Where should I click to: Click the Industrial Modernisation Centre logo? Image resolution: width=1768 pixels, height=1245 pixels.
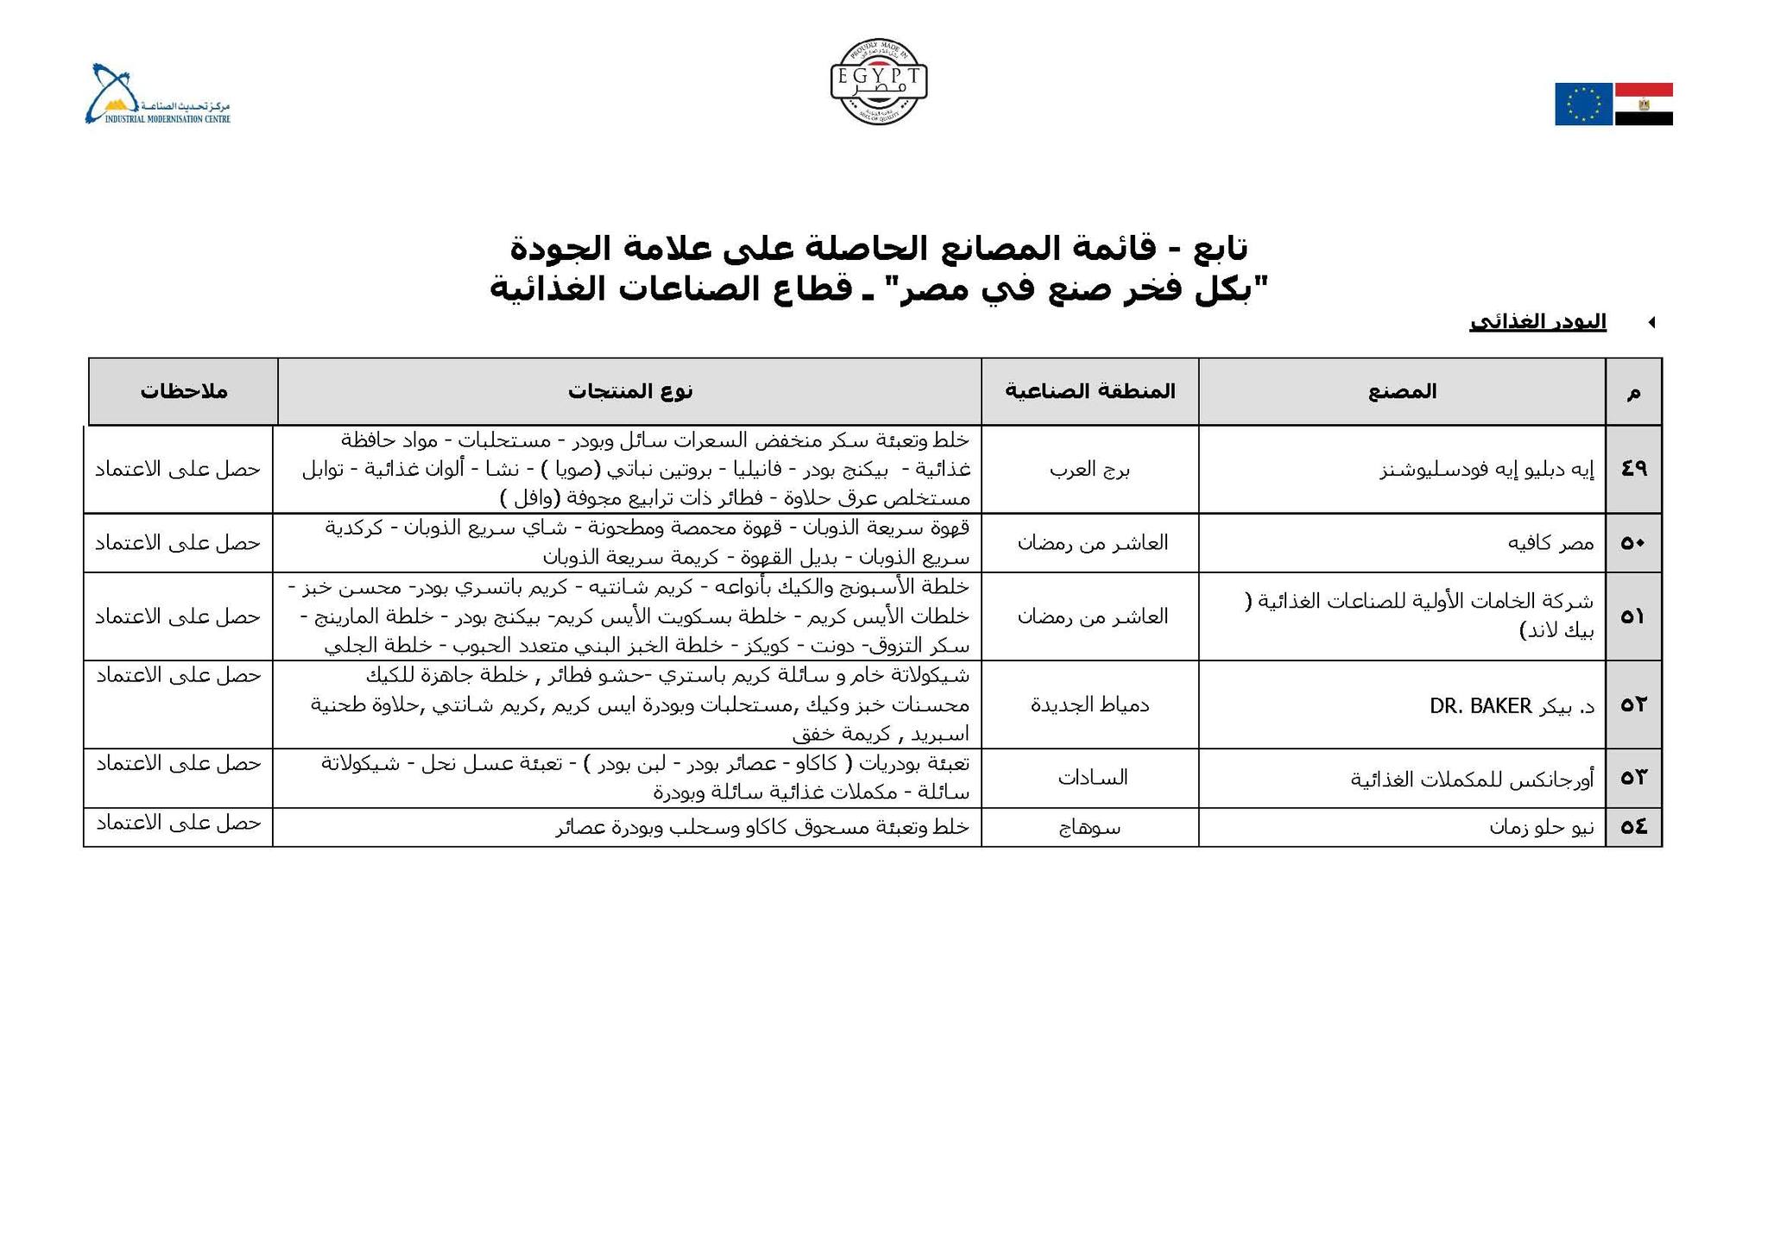coord(157,95)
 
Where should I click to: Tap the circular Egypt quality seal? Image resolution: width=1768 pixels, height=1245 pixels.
coord(879,82)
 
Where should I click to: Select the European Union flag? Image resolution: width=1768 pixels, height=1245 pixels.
coord(1583,104)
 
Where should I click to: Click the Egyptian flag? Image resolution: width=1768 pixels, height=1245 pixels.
coord(1644,104)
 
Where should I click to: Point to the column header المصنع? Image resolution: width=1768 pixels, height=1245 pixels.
coord(1402,392)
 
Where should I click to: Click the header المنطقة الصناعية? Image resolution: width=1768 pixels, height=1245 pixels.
coord(1089,391)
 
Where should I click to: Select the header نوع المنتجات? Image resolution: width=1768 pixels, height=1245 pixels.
coord(630,391)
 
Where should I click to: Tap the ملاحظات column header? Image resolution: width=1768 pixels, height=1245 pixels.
coord(184,391)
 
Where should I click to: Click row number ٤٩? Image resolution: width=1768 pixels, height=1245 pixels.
coord(1634,469)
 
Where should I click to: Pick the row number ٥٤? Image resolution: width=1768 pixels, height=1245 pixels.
coord(1634,827)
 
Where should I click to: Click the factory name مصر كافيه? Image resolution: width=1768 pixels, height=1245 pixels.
coord(1550,543)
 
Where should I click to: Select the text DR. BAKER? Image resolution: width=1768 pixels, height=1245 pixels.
coord(1480,706)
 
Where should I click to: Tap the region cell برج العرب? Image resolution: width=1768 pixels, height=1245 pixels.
coord(1089,470)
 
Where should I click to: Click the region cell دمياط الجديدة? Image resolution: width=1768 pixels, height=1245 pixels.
coord(1089,705)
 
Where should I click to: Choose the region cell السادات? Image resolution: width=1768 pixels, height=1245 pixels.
coord(1092,778)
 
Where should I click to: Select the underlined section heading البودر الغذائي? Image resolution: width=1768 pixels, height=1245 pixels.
coord(1538,322)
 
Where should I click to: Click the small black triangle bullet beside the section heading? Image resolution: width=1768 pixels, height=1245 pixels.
coord(1651,323)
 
